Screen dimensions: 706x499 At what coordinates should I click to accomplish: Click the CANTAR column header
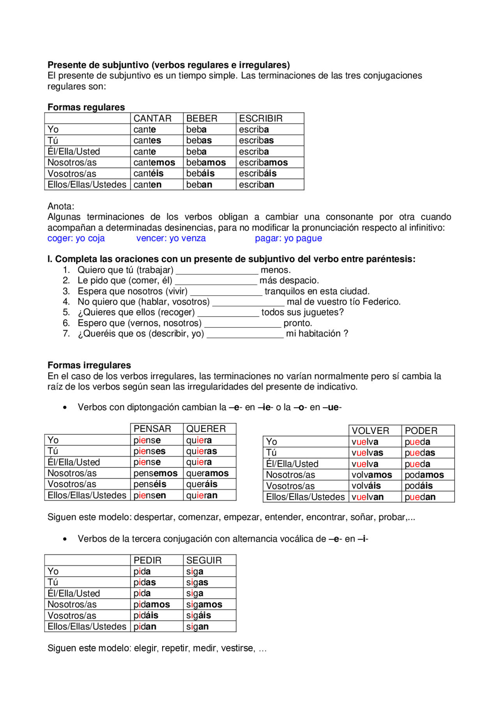tap(152, 119)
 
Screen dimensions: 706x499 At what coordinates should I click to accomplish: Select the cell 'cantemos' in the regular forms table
tap(154, 163)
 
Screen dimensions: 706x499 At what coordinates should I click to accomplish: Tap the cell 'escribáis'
tap(258, 173)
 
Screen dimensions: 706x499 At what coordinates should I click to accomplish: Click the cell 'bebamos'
tap(206, 163)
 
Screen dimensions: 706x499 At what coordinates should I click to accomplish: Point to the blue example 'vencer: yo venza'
tap(171, 238)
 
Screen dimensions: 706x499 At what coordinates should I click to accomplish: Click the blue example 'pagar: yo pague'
tap(288, 238)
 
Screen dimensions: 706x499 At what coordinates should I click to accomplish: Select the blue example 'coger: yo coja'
tap(76, 238)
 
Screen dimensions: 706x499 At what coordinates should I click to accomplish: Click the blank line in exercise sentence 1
tap(217, 271)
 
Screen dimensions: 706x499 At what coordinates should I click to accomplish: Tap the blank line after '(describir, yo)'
tap(245, 334)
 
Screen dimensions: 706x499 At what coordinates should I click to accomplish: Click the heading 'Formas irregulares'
tap(89, 365)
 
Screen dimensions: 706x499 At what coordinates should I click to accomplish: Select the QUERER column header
tap(206, 429)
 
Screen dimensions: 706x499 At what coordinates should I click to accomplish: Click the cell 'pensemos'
tap(156, 473)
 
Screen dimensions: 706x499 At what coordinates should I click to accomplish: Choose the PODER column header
tap(421, 431)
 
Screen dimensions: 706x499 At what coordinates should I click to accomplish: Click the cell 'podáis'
tap(419, 486)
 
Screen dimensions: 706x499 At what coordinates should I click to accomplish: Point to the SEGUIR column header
tap(204, 560)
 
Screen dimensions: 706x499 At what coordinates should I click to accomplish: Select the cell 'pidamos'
tap(152, 604)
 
